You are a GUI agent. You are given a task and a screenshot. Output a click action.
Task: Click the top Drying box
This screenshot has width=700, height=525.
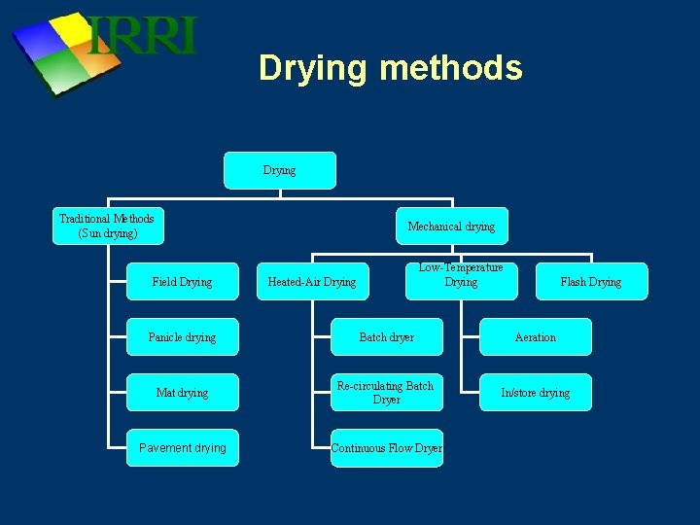point(280,170)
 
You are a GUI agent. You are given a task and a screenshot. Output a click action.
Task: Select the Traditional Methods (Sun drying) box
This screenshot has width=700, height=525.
point(107,226)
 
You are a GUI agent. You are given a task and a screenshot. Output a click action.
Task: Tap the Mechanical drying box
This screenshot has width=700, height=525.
point(451,227)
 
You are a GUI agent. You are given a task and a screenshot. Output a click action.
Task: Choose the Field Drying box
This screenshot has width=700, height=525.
point(182,282)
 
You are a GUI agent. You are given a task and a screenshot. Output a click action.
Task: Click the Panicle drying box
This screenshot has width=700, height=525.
point(182,337)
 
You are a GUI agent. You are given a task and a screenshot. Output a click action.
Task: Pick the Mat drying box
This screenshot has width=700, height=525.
point(182,393)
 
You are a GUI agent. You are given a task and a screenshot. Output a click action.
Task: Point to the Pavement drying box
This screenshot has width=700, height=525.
point(182,448)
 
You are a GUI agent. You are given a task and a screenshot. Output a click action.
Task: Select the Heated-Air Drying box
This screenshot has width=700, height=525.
point(312,282)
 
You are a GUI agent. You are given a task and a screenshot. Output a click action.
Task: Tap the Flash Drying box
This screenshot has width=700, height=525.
point(591,282)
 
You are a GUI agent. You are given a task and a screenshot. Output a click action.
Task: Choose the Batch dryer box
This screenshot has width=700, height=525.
point(387,337)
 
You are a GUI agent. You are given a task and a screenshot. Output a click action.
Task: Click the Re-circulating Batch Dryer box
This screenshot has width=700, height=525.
point(387,393)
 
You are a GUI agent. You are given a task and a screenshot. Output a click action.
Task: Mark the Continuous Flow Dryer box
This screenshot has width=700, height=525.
point(387,448)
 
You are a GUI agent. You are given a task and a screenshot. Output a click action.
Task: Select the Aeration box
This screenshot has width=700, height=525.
point(536,337)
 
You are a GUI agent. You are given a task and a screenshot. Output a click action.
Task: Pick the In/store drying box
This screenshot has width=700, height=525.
point(536,393)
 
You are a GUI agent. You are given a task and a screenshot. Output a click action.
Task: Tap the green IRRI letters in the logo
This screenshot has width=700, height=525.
point(143,36)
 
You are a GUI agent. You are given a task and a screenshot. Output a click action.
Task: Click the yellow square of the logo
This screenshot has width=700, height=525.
point(74,28)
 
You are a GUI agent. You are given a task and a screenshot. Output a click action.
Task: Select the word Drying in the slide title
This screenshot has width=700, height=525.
point(313,69)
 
